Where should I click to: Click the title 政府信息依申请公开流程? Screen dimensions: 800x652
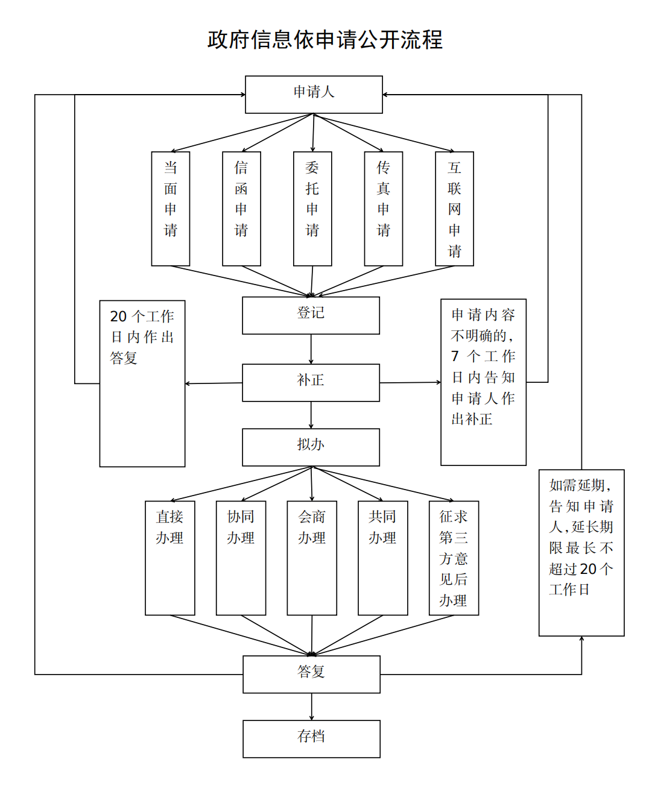pos(325,40)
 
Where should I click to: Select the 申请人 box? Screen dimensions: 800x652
pos(314,94)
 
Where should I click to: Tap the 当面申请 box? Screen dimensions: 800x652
pos(171,208)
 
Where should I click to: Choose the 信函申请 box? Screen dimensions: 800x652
pos(241,208)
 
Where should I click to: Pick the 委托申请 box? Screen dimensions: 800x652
pos(312,208)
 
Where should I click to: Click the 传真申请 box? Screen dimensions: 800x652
pos(384,208)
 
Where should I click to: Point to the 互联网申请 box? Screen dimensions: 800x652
pos(455,208)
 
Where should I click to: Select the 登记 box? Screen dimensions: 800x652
pos(311,315)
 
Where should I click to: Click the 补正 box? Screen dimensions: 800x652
pos(311,382)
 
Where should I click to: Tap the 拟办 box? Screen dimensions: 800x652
pos(311,447)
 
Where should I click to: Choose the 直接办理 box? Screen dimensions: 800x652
pos(170,558)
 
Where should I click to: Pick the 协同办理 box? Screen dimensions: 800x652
pos(241,558)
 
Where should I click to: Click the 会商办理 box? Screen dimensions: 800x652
pos(312,558)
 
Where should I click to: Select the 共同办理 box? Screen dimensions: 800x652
pos(383,558)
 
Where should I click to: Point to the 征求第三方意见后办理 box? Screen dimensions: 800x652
pos(454,558)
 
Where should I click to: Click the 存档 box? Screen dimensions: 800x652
pos(311,739)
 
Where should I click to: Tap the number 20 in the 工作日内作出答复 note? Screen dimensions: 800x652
pos(118,317)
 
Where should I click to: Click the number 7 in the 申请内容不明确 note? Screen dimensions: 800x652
pos(455,356)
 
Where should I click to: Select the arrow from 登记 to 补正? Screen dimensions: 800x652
pos(311,349)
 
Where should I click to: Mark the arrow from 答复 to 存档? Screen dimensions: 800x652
pos(312,707)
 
